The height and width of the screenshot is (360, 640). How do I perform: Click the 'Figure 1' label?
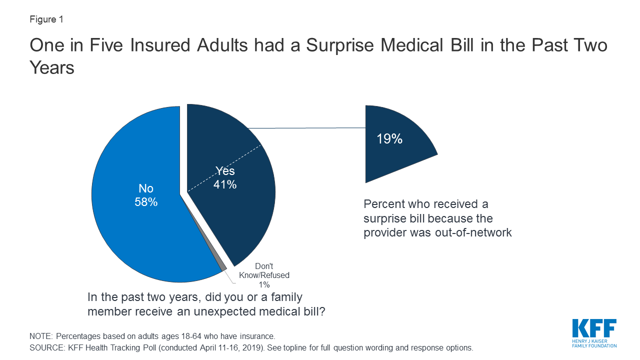46,19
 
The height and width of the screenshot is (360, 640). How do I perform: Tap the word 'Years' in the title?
52,67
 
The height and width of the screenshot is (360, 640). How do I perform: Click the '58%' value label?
145,202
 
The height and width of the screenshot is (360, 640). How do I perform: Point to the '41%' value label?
225,184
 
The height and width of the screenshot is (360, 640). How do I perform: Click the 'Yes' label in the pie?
225,171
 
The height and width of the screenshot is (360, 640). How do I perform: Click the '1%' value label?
264,284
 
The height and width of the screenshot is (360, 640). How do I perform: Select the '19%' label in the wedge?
389,138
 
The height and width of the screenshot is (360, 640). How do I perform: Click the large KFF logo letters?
594,328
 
